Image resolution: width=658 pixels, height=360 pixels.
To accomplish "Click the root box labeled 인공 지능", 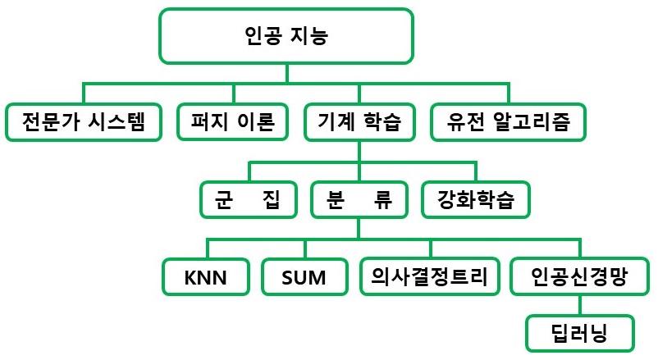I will [286, 37].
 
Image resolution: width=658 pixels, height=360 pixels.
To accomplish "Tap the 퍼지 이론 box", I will [234, 122].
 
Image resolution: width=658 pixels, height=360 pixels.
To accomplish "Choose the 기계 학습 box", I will [359, 122].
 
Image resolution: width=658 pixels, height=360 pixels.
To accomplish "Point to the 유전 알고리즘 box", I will [509, 122].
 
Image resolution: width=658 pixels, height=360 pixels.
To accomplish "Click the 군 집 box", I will [249, 199].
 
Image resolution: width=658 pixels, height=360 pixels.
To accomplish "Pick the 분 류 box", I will [359, 199].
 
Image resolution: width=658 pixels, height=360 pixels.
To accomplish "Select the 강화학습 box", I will [475, 199].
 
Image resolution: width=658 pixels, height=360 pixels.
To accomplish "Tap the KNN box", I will [207, 277].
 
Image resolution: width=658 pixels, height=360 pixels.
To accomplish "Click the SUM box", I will [304, 277].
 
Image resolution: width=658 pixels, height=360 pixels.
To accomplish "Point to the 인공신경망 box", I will [580, 276].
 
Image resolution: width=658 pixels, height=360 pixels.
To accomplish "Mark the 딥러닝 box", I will [580, 333].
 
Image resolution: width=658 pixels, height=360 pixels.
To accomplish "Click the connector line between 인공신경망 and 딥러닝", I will [580, 305].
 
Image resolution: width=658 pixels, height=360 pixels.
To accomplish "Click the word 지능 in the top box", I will [316, 37].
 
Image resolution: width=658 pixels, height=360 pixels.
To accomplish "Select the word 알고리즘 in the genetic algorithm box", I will [542, 122].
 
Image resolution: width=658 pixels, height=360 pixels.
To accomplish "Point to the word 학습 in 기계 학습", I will [382, 122].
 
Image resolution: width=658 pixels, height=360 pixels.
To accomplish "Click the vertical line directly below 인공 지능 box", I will [286, 73].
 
